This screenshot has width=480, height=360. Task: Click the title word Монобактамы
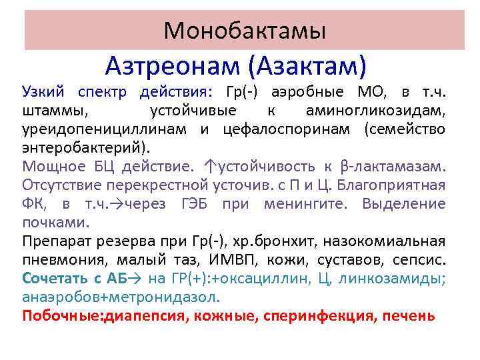pos(245,30)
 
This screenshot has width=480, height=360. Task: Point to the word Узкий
pos(41,91)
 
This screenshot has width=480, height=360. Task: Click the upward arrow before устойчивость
pos(212,165)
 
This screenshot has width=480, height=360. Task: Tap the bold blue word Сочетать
pos(54,277)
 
